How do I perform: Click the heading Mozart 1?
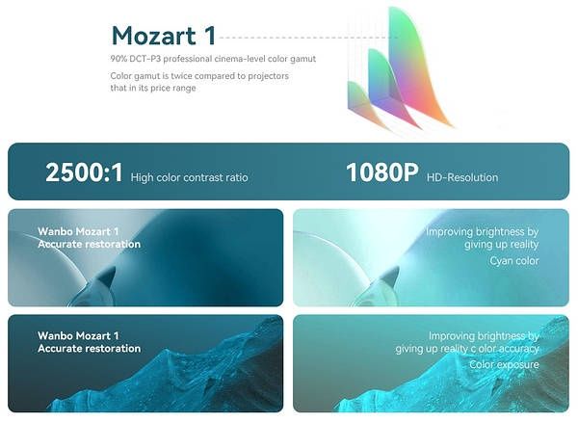(163, 36)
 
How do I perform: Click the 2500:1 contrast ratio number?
(84, 173)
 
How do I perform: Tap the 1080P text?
(381, 173)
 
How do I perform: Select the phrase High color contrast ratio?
(189, 177)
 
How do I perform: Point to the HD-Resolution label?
(461, 177)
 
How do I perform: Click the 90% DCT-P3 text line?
(213, 60)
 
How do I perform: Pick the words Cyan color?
(513, 261)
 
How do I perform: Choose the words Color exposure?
(504, 365)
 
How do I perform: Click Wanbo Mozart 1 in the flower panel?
(78, 232)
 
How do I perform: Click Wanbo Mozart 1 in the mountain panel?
(78, 336)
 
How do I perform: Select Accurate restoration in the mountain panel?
(89, 349)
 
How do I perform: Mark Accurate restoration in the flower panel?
(89, 245)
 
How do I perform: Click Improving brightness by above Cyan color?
(482, 232)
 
